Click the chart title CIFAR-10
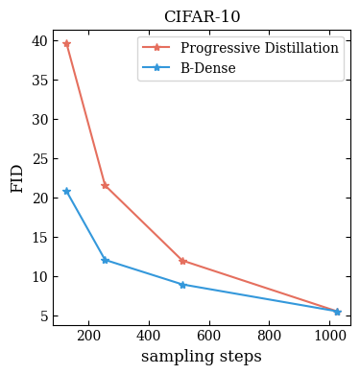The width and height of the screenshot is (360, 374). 203,16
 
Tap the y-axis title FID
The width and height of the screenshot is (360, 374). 17,178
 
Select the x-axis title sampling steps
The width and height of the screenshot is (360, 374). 202,357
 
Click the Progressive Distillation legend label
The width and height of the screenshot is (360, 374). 259,48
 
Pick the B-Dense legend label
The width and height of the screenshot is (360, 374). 208,68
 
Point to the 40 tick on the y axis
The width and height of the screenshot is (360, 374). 39,41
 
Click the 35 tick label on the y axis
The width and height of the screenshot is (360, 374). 39,81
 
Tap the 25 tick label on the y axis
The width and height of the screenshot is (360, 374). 39,159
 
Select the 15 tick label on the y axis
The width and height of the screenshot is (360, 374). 39,238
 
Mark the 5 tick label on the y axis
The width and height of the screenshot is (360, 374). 44,316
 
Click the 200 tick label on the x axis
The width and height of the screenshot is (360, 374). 88,336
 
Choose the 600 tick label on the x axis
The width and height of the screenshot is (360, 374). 209,336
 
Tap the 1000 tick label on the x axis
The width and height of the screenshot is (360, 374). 330,336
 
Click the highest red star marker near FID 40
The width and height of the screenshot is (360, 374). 66,44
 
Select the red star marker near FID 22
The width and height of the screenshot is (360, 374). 105,185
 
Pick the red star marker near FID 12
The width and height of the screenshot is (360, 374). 182,261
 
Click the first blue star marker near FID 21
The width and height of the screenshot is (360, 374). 66,192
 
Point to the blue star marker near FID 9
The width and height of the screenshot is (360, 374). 182,285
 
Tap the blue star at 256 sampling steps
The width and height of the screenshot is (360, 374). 105,260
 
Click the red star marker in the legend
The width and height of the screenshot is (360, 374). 156,48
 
